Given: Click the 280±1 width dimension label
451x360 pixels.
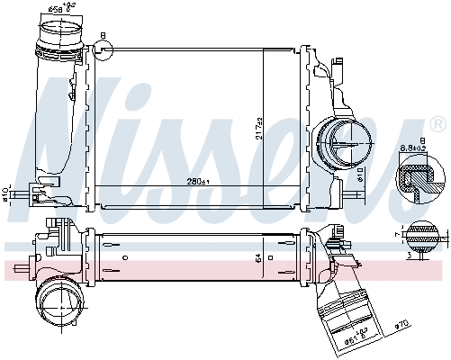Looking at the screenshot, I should pos(197,184).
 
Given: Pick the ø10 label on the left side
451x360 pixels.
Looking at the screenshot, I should pos(5,195).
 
